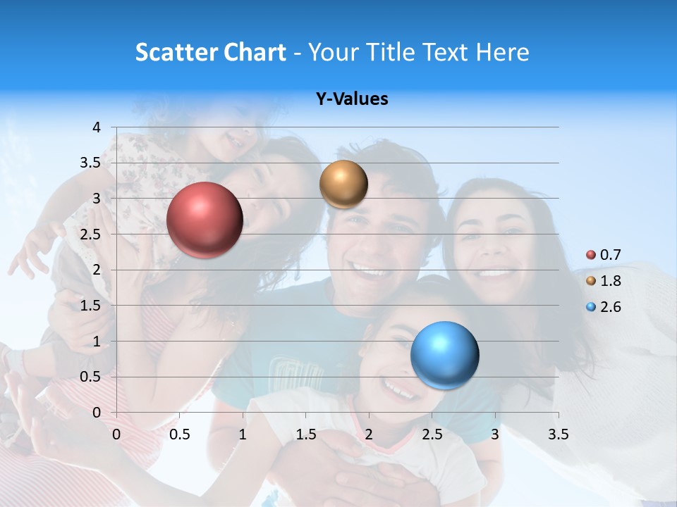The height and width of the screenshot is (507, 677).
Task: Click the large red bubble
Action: click(205, 220)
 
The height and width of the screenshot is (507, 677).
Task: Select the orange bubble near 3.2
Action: click(343, 184)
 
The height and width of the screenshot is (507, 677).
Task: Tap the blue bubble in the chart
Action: click(444, 355)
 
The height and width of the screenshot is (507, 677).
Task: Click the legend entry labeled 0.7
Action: click(610, 255)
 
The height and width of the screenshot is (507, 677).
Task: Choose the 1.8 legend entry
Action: click(610, 281)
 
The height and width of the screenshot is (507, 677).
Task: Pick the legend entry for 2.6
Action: click(610, 307)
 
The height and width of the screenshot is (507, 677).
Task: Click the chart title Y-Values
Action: click(352, 99)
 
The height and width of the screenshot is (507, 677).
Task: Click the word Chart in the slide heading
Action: click(255, 52)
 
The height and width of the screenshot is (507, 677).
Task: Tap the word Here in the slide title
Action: click(503, 52)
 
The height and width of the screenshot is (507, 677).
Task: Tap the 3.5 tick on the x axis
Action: click(558, 434)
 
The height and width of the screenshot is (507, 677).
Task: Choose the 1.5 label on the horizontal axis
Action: click(306, 434)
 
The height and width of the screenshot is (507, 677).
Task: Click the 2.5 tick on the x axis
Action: click(432, 434)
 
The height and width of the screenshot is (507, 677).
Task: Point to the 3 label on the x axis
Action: click(495, 434)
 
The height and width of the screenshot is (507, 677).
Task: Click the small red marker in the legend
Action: click(591, 255)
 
